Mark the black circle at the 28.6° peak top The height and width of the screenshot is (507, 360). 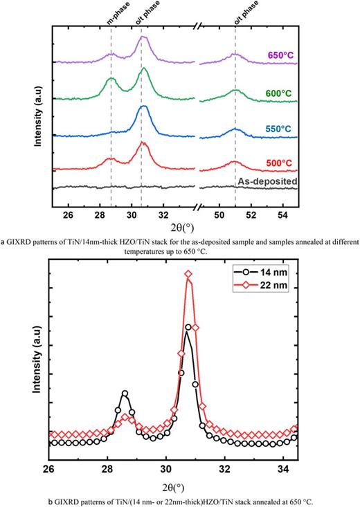[x=125, y=393]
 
